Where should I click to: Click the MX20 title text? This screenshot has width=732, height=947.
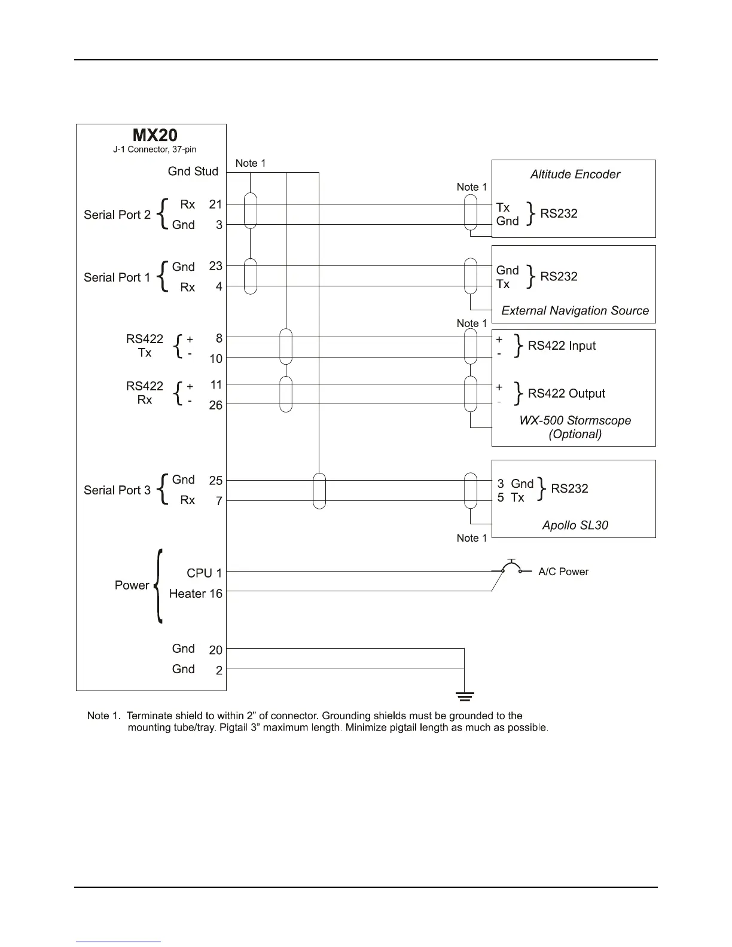tap(155, 135)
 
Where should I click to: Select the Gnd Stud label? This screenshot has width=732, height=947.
tap(193, 172)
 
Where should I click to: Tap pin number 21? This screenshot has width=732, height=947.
tap(215, 204)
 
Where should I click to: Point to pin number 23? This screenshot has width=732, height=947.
tap(215, 267)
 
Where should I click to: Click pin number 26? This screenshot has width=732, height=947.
tap(215, 405)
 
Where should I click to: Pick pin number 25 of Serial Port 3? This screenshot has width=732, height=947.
tap(215, 481)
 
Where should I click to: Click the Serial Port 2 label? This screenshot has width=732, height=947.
tap(117, 215)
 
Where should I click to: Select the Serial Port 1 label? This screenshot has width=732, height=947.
tap(117, 277)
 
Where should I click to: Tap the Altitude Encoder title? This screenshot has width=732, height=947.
tap(575, 175)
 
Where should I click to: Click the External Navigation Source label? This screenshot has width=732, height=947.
tap(575, 311)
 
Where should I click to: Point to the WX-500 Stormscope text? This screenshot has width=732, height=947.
tap(575, 421)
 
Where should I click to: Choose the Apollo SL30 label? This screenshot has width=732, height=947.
tap(575, 526)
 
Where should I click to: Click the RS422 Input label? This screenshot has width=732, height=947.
tap(562, 346)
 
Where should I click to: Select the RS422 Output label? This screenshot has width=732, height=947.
tap(566, 393)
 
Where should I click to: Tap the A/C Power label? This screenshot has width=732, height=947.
tap(563, 572)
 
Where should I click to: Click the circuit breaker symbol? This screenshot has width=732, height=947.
tap(511, 568)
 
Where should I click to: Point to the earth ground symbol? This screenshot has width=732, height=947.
tap(465, 696)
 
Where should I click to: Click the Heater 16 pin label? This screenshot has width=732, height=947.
tap(196, 594)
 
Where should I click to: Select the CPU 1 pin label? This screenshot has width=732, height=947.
tap(204, 573)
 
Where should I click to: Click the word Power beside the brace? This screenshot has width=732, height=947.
tap(132, 585)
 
